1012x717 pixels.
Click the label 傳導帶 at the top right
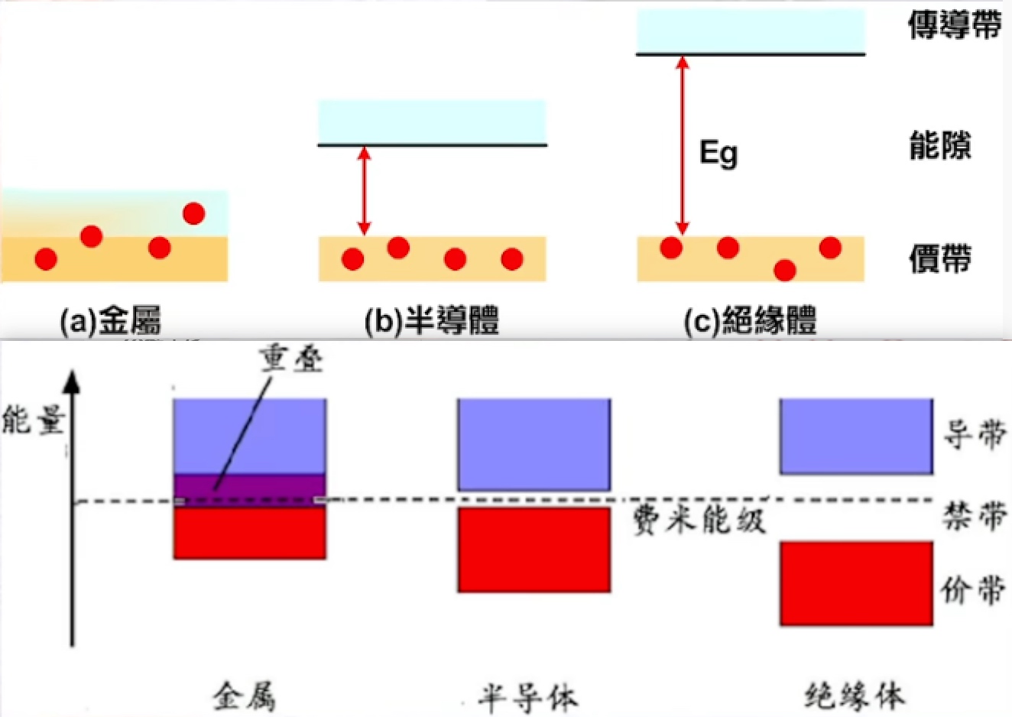click(x=955, y=25)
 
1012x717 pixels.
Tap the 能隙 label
click(x=940, y=145)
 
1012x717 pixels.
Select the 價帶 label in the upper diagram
click(x=940, y=259)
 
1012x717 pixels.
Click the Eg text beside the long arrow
click(x=718, y=154)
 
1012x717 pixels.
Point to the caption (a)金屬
click(x=111, y=321)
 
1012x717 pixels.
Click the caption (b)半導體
click(x=432, y=321)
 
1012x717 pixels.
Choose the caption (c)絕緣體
click(x=750, y=321)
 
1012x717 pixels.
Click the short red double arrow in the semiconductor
click(x=365, y=191)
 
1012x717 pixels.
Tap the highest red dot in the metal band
click(x=193, y=213)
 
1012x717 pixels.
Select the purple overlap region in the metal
click(x=250, y=489)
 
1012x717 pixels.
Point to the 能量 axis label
click(x=32, y=420)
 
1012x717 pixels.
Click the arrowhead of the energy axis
click(x=72, y=381)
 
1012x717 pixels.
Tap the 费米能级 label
click(x=699, y=521)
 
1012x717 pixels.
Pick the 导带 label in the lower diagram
click(x=974, y=435)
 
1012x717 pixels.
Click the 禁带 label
click(x=974, y=517)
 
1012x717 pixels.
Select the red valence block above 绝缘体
click(x=856, y=583)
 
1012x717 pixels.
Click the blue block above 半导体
click(x=534, y=444)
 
